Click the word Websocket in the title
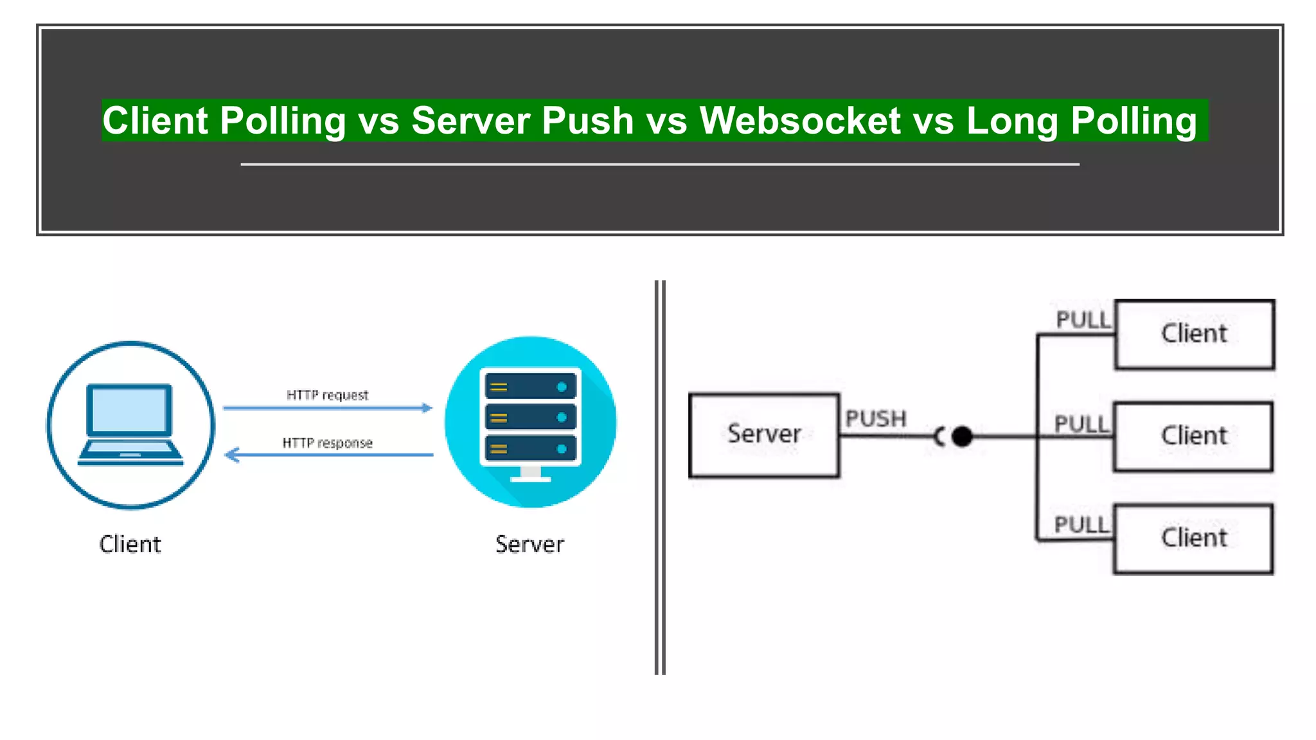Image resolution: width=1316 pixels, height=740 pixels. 800,121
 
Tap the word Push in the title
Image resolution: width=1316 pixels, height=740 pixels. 587,121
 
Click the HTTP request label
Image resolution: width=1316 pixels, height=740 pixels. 327,395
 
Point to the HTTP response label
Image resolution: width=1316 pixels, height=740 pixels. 327,443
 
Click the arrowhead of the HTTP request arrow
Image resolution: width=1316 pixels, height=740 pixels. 427,408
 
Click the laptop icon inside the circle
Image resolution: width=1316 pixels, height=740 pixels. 130,424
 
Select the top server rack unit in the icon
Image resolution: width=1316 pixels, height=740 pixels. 530,387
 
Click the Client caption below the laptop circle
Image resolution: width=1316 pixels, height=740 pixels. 130,544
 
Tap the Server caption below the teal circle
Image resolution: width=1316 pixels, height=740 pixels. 529,544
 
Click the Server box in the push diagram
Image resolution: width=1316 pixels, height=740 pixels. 764,435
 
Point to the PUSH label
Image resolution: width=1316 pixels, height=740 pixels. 875,419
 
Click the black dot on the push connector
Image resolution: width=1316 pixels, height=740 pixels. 962,437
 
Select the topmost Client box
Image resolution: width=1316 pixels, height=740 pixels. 1195,334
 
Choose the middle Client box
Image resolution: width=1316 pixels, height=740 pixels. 1193,436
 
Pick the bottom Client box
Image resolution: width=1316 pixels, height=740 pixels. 1193,538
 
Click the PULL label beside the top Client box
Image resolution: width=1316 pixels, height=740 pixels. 1083,320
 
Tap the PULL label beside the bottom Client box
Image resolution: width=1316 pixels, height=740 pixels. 1081,525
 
